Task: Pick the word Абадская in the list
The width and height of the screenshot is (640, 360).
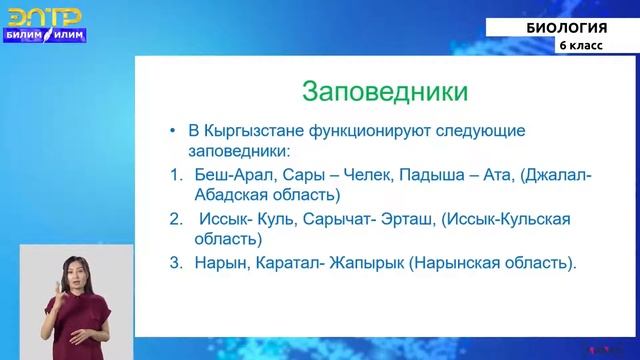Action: pyautogui.click(x=231, y=195)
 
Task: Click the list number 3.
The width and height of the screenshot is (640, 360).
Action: pyautogui.click(x=175, y=264)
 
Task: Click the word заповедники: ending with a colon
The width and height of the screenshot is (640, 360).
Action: pyautogui.click(x=240, y=151)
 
